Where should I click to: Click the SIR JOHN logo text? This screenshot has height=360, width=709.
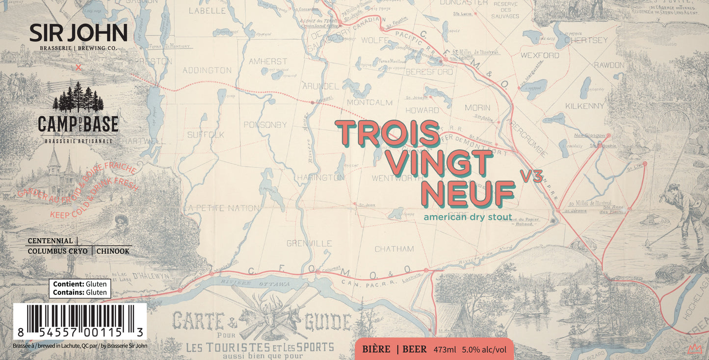(x=78, y=33)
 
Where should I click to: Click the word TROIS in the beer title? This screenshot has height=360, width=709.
(x=388, y=133)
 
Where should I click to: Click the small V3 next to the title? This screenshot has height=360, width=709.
(x=531, y=177)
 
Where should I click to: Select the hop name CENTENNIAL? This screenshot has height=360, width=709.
(x=50, y=241)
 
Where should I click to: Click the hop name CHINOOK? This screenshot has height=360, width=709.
(x=113, y=251)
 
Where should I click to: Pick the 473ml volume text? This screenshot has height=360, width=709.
(x=445, y=350)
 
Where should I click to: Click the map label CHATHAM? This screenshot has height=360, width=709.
(x=394, y=249)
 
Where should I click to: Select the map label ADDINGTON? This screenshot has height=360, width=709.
(x=207, y=70)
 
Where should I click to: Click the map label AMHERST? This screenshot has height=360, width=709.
(x=268, y=62)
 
